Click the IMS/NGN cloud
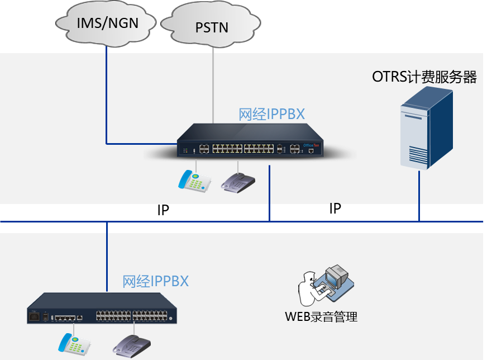pos(106,23)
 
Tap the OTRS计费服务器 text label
pos(424,77)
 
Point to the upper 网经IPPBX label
pos(272,114)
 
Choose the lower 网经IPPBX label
pos(155,281)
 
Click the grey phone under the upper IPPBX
pos(238,182)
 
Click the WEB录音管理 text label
pos(321,317)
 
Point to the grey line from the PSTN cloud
pos(213,84)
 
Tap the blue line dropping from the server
pos(419,196)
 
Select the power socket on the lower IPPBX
pos(36,318)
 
